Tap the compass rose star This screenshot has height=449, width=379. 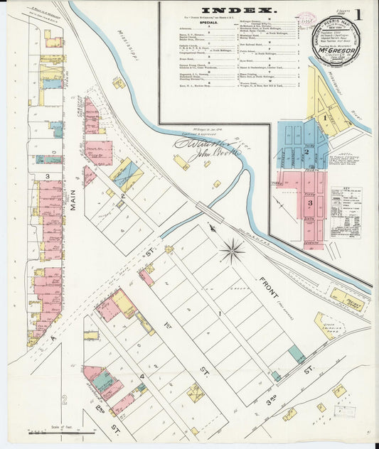(232, 249)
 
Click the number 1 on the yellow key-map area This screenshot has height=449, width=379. (324, 117)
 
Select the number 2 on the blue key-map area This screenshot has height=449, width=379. (307, 151)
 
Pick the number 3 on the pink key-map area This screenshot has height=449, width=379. (310, 203)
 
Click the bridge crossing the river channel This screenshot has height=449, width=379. (210, 210)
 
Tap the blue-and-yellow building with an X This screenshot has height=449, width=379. (127, 175)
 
